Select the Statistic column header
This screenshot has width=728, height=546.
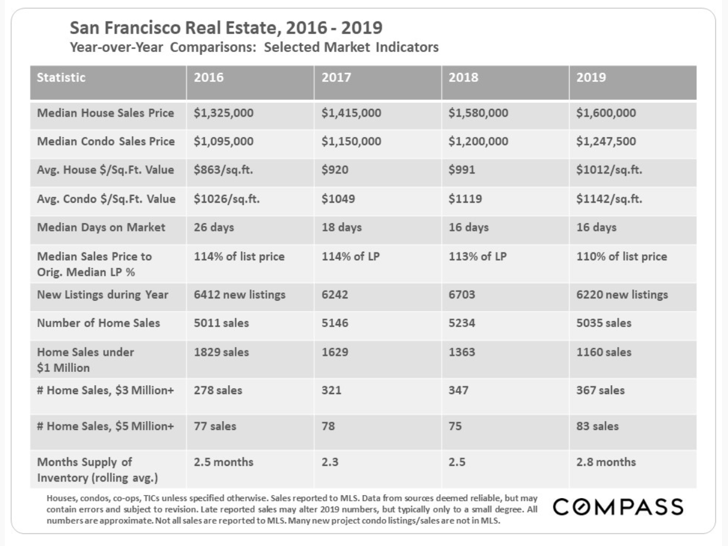[x=61, y=78]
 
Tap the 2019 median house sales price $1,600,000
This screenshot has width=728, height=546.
[x=606, y=113]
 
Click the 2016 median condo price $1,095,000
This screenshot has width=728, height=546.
[x=224, y=142]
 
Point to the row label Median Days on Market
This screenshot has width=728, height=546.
[x=101, y=228]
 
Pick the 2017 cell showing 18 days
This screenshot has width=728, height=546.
[x=341, y=228]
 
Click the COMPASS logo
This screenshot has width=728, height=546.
[x=619, y=507]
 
